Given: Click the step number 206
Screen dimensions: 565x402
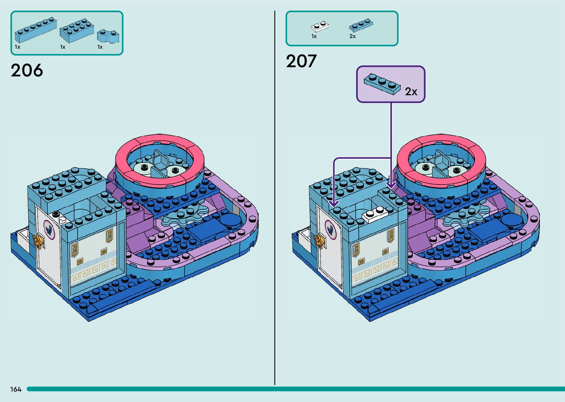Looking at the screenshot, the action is [27, 70].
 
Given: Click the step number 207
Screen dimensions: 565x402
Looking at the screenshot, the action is [301, 61].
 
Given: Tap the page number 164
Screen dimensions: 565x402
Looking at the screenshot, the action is [16, 389].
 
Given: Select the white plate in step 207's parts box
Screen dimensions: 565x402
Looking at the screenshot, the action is [320, 27].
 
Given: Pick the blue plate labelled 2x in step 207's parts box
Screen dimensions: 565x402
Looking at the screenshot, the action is [361, 25].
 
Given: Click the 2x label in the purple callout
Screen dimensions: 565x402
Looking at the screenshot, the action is [411, 91].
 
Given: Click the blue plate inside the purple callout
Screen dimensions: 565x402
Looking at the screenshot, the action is [382, 84].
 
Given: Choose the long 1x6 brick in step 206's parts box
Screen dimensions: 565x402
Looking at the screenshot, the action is [35, 30].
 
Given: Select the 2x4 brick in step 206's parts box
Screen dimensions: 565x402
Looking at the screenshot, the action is [76, 30].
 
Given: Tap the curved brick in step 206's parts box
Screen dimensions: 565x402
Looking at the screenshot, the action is [108, 35].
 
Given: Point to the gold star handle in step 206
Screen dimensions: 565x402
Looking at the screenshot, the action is [37, 241].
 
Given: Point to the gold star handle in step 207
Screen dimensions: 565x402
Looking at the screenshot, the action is [319, 241].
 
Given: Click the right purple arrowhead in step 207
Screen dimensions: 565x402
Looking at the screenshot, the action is [391, 184].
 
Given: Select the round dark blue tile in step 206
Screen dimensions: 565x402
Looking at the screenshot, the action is [230, 220].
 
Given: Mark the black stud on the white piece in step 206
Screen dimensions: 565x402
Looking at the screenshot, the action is [56, 214].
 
